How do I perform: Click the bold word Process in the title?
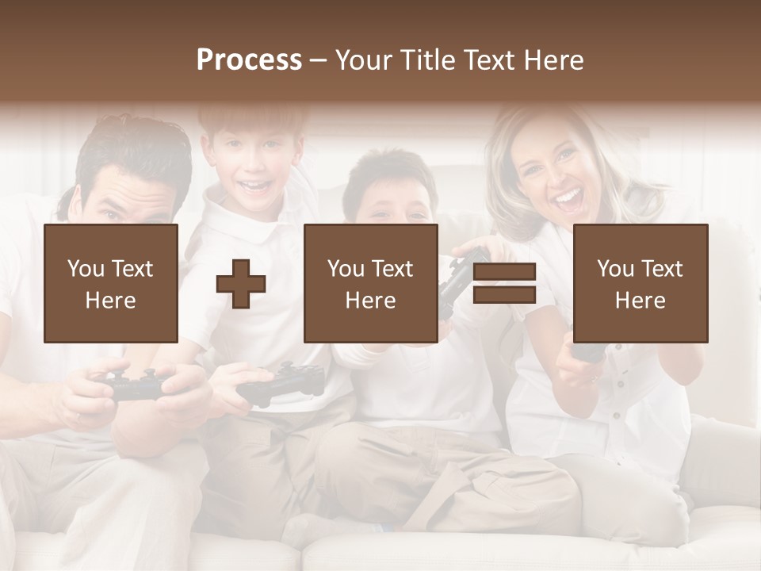[249, 60]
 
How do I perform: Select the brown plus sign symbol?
[241, 283]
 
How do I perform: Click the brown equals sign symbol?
[505, 283]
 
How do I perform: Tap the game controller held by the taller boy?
[281, 382]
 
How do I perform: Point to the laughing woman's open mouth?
[568, 198]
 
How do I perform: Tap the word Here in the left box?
[110, 300]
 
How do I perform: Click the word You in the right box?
[615, 269]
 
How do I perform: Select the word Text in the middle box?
[392, 269]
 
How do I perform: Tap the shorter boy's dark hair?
[388, 171]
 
